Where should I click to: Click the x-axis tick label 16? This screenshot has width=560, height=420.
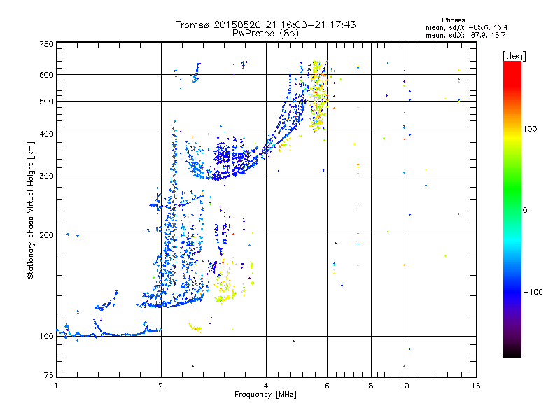click(475, 386)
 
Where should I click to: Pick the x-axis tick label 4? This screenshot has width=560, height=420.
click(266, 386)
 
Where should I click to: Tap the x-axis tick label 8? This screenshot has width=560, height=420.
click(371, 386)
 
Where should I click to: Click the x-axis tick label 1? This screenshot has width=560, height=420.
click(56, 386)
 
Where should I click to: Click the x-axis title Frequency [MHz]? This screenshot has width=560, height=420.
click(266, 395)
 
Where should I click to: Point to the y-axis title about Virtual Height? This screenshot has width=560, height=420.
click(31, 210)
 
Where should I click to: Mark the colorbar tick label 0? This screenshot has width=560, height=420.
click(526, 210)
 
